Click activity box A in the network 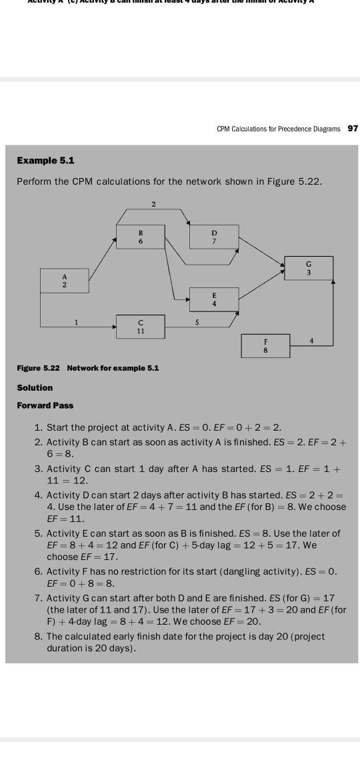(65, 281)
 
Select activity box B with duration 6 (140, 237)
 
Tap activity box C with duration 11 (140, 327)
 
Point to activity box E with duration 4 (214, 299)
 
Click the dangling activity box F (265, 344)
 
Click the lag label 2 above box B (153, 203)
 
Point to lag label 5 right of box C (197, 322)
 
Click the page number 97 (353, 129)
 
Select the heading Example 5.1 (45, 161)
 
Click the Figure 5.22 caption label (38, 368)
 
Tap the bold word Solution (35, 387)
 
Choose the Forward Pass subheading (45, 405)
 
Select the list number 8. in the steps (39, 637)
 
